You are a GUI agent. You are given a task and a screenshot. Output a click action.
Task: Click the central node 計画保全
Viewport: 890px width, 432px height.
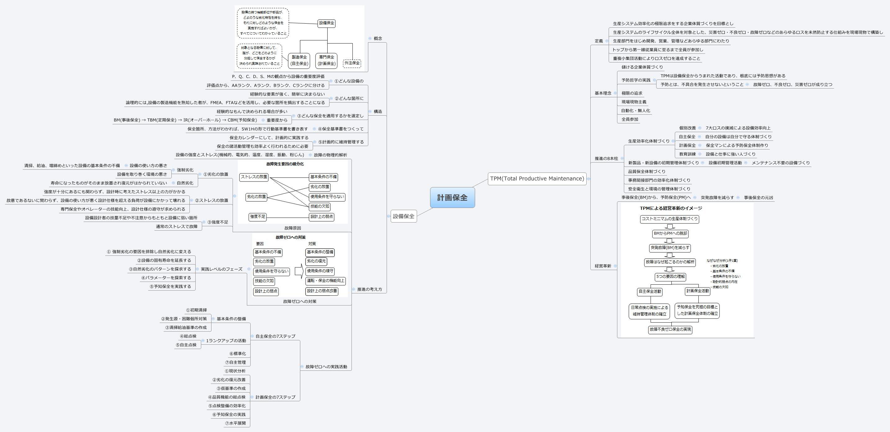(452, 197)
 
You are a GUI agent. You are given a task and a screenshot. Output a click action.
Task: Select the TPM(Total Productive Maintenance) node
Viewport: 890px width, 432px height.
(537, 178)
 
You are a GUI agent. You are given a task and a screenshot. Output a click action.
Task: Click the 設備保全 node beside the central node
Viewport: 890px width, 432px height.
(403, 216)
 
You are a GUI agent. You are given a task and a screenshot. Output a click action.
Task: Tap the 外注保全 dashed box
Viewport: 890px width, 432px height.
(352, 63)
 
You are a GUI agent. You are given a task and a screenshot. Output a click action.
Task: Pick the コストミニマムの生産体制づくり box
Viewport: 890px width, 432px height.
(670, 219)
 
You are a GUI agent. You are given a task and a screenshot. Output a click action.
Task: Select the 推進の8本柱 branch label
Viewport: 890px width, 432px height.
(606, 159)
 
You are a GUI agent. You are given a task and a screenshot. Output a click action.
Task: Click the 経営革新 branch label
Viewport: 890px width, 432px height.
(603, 266)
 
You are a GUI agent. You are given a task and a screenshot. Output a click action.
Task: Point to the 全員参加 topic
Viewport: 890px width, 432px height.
(630, 119)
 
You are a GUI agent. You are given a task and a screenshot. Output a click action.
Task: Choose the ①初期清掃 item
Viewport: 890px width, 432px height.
(196, 310)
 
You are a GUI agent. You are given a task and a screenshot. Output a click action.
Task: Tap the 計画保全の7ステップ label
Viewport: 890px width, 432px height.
(275, 397)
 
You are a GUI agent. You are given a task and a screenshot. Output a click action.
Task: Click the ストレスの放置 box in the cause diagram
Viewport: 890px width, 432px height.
(254, 177)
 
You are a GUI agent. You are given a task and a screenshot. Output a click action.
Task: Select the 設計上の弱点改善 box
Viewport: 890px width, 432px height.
(322, 291)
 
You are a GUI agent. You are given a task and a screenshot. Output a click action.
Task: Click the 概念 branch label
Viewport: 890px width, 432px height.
(378, 39)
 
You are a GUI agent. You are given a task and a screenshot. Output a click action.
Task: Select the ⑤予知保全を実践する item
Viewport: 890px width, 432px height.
(170, 286)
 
